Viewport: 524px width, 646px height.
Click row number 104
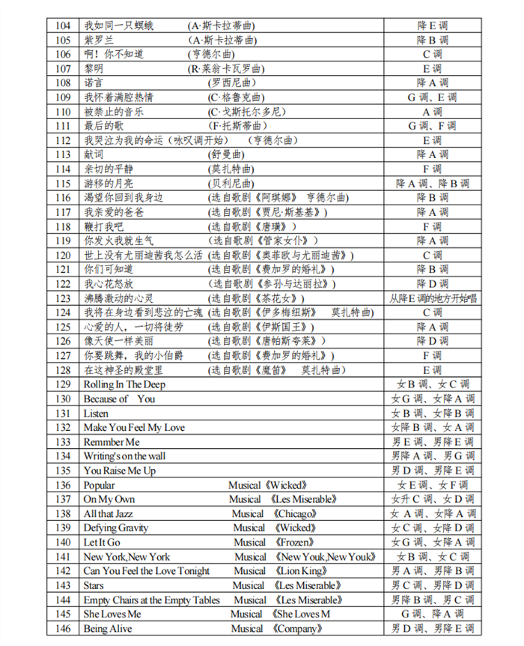63,25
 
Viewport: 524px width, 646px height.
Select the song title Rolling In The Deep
124,384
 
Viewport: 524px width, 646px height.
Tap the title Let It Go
102,542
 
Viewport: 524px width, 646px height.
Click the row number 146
63,629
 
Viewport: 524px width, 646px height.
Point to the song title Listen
96,413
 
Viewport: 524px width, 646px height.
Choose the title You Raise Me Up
120,471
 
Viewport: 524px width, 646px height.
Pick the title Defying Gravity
116,528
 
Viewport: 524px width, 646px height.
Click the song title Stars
94,585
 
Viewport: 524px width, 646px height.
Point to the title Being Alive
108,629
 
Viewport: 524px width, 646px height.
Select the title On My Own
109,499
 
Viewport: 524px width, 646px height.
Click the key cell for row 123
433,298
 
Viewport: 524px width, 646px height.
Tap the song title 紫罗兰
98,40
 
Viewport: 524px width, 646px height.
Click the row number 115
63,183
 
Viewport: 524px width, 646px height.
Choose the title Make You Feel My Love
134,427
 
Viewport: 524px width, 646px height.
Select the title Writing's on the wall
125,456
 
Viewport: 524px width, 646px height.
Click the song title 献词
93,154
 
